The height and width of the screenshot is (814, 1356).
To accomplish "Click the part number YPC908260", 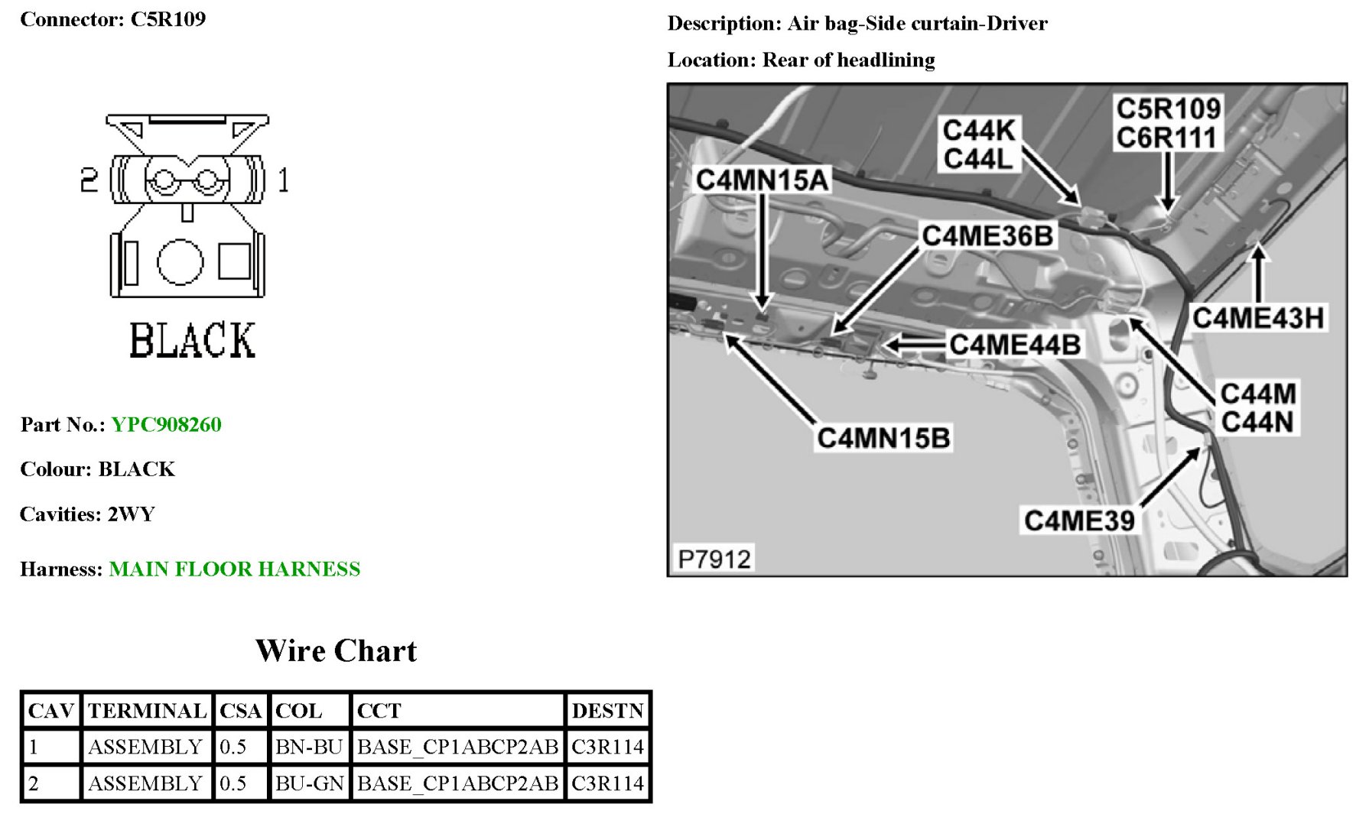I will point(166,424).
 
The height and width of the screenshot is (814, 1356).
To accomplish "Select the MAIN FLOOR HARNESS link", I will point(234,569).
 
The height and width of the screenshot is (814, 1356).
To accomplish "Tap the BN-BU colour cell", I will point(308,747).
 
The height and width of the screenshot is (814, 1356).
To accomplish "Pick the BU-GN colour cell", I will point(309,783).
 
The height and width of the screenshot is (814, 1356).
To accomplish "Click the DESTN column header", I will point(607,711).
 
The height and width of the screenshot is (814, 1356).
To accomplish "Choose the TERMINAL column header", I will point(147,711).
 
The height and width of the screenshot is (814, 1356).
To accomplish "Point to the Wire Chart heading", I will point(336,650).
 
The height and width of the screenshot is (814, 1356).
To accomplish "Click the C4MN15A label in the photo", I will point(762,180).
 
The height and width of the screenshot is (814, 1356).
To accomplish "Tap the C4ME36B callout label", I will point(987,236).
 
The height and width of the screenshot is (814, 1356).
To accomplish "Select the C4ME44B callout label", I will point(1015,345).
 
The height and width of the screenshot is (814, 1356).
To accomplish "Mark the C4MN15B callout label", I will point(883,438).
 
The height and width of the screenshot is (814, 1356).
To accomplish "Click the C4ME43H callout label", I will point(1258,317).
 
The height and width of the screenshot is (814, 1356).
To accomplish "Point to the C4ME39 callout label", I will point(1079,521).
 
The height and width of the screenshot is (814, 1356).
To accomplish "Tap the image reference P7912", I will point(714,559).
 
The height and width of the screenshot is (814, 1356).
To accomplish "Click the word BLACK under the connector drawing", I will point(192,340).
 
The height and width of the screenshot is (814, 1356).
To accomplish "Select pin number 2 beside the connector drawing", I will point(89,180).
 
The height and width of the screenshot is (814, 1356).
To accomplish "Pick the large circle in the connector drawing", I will point(180,262).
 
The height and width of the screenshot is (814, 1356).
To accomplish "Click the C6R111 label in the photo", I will point(1166,138).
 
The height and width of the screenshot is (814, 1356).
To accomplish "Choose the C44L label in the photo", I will point(978,159).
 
